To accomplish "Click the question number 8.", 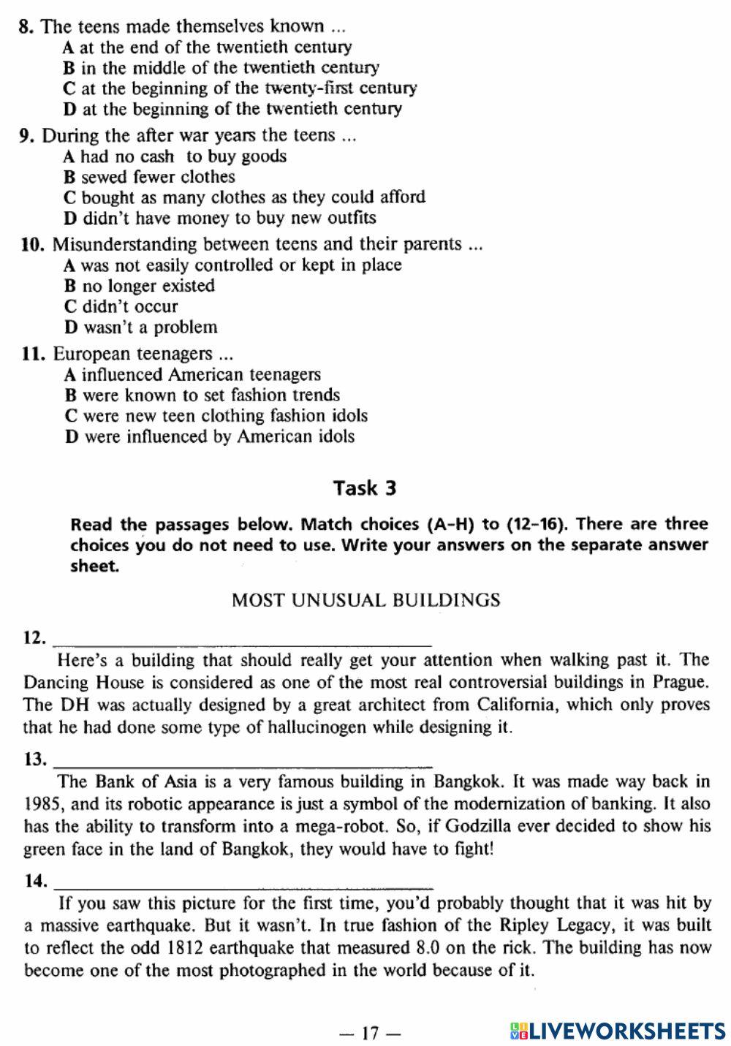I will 26,27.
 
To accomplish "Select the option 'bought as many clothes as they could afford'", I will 253,197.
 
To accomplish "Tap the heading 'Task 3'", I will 365,488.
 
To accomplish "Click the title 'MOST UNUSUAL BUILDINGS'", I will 365,600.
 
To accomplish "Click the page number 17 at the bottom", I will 371,1033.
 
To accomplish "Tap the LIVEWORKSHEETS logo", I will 618,1031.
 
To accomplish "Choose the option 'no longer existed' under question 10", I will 148,286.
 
